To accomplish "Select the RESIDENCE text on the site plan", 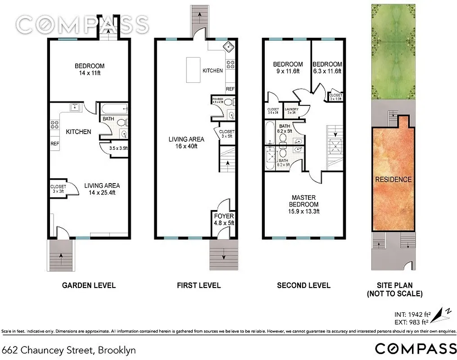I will click(x=393, y=179).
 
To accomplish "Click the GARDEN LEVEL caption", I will click(x=89, y=285).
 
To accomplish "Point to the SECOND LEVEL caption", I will click(x=303, y=285).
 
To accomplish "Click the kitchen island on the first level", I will click(x=193, y=70).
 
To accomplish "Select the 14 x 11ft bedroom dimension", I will click(x=90, y=74).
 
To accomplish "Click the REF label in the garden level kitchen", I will click(x=55, y=144).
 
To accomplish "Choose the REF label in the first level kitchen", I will click(x=230, y=89).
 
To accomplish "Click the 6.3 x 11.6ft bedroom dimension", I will click(x=327, y=71).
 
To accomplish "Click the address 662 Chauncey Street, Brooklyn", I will click(x=69, y=350).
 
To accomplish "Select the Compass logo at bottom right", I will click(x=415, y=349).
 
